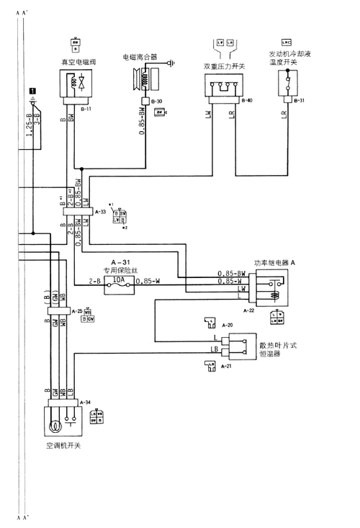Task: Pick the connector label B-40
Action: [247, 100]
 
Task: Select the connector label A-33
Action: [100, 212]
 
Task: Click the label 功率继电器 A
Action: [274, 263]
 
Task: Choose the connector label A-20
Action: [228, 325]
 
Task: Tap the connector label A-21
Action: [228, 367]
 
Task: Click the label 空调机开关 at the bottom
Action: [63, 446]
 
